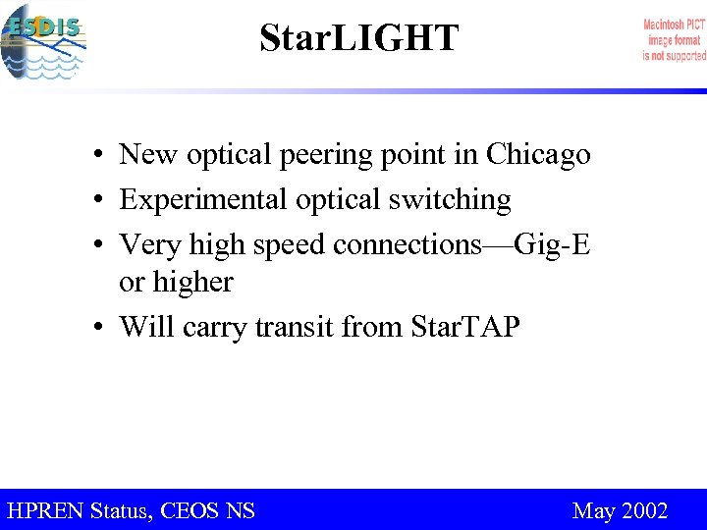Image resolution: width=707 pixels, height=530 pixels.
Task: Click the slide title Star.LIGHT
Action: point(358,38)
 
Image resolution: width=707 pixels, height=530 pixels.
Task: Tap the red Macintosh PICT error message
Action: point(674,40)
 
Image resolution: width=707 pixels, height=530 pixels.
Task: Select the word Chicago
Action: point(538,155)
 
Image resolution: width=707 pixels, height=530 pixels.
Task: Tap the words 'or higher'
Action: point(176,283)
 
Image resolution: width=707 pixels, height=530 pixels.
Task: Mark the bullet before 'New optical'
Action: point(101,156)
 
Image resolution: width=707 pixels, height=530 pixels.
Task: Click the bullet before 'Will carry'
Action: point(101,328)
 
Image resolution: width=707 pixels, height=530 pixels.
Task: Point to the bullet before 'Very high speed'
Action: point(101,245)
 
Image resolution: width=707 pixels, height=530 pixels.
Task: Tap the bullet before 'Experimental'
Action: point(101,201)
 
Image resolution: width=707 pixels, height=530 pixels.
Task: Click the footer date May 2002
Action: point(620,510)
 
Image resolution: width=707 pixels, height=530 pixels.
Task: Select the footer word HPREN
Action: point(45,510)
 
